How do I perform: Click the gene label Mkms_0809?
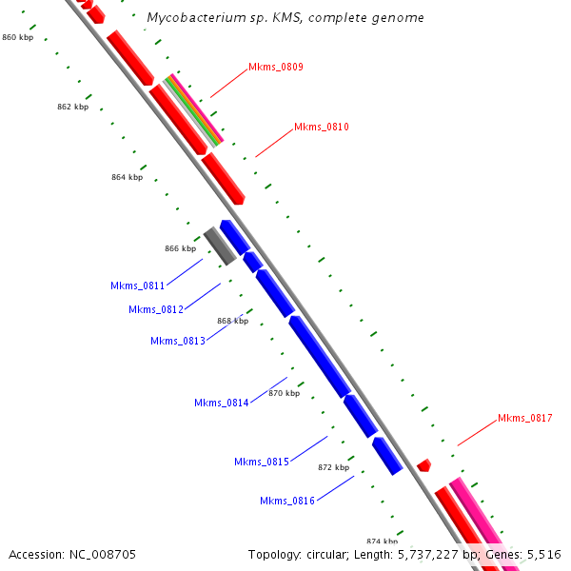[x=275, y=67]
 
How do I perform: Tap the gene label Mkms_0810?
[x=321, y=127]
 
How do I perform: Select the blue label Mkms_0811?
[x=138, y=285]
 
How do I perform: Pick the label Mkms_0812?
[x=156, y=309]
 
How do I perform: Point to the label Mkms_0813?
[x=178, y=341]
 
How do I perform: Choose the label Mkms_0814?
[x=222, y=403]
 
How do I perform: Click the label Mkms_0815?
[x=262, y=462]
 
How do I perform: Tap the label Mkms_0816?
[x=287, y=501]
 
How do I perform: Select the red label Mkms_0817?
[x=524, y=418]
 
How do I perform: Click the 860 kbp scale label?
[x=18, y=37]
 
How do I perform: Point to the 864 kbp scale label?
[x=127, y=177]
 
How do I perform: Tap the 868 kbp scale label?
[x=232, y=321]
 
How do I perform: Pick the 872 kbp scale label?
[x=333, y=467]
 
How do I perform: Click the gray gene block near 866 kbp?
[x=220, y=246]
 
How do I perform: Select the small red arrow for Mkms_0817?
[x=423, y=465]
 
